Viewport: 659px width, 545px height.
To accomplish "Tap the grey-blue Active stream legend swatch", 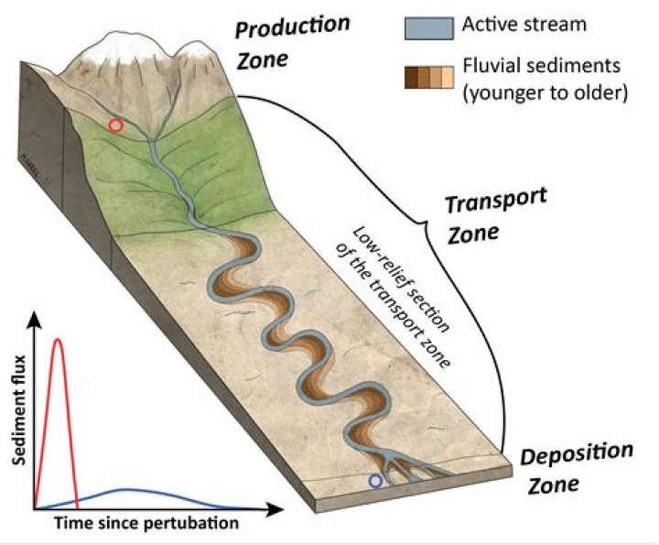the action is point(429,28).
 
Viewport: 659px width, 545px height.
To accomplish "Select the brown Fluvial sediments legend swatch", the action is point(429,77).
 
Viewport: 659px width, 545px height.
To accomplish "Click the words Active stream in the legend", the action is point(524,24).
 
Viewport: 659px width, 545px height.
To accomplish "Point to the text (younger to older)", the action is point(546,93).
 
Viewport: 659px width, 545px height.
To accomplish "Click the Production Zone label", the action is point(292,42).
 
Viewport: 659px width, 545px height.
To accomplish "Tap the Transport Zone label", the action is point(496,216).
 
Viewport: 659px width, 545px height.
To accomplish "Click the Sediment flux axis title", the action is point(19,410).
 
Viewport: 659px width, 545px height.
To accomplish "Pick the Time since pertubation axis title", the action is point(146,524).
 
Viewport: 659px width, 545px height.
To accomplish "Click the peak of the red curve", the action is point(59,339).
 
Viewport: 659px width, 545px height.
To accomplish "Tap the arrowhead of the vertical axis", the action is point(35,320).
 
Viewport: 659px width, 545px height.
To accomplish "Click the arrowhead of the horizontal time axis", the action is point(275,509).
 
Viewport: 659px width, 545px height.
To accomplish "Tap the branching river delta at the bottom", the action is point(404,467).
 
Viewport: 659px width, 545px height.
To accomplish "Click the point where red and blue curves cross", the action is point(77,500).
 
